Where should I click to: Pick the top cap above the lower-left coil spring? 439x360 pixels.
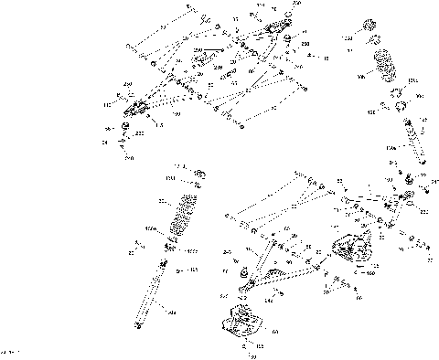point(198,175)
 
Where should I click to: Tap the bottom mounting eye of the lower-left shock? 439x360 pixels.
point(139,321)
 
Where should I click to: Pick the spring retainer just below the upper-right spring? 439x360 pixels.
point(395,92)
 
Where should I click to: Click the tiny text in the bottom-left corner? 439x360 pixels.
point(11,351)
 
